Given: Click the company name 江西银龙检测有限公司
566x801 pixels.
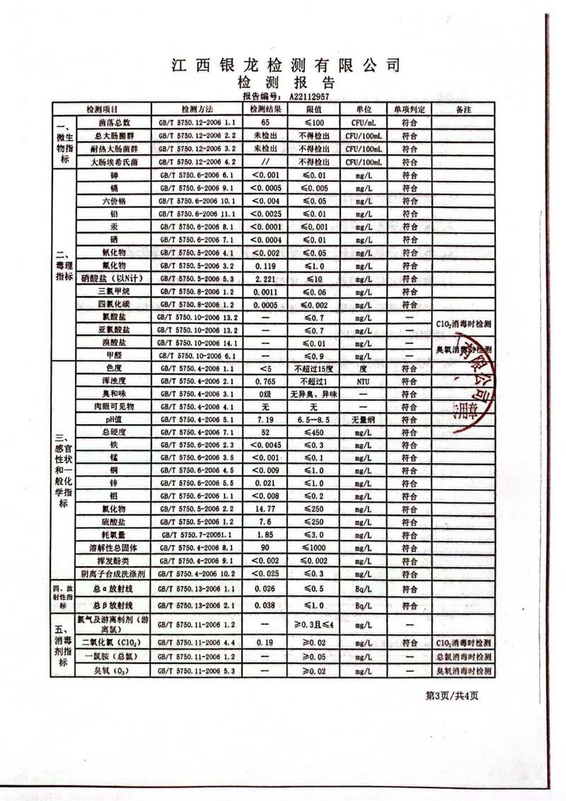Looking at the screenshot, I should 286,66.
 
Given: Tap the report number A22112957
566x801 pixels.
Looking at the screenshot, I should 309,95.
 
